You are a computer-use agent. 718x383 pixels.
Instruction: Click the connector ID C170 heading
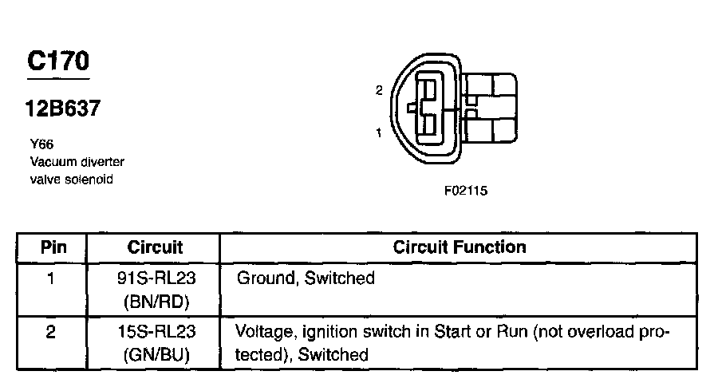58,61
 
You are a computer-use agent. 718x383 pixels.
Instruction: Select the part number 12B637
62,109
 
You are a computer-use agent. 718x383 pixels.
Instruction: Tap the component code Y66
41,144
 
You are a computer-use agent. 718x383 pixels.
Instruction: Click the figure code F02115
466,191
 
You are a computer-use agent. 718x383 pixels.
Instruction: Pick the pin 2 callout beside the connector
379,90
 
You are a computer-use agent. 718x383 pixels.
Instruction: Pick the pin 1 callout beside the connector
379,133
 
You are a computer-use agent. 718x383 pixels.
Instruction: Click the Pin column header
53,247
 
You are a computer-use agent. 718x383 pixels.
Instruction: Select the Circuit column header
155,247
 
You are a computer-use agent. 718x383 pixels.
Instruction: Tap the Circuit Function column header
460,247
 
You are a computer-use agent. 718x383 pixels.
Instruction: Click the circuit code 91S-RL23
156,278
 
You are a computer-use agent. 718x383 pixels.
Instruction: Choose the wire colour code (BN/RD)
156,302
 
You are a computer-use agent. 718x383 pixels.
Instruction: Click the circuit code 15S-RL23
156,332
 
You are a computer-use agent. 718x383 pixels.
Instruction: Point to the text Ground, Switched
306,278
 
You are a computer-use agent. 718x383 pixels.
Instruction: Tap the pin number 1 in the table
51,278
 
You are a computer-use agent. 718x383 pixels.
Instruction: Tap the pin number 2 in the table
51,332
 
